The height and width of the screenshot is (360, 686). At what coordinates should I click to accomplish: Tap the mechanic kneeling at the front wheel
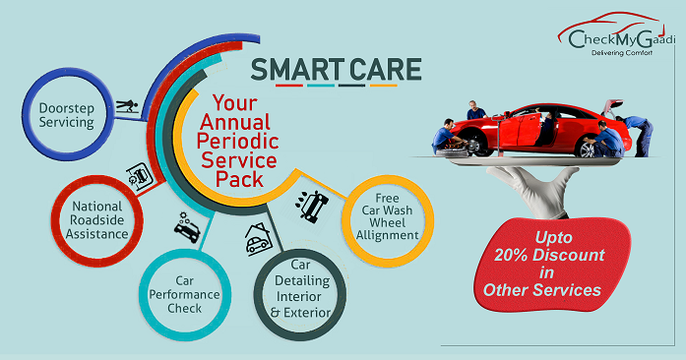[447, 136]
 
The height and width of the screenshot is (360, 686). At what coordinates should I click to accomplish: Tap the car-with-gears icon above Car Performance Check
[186, 227]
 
